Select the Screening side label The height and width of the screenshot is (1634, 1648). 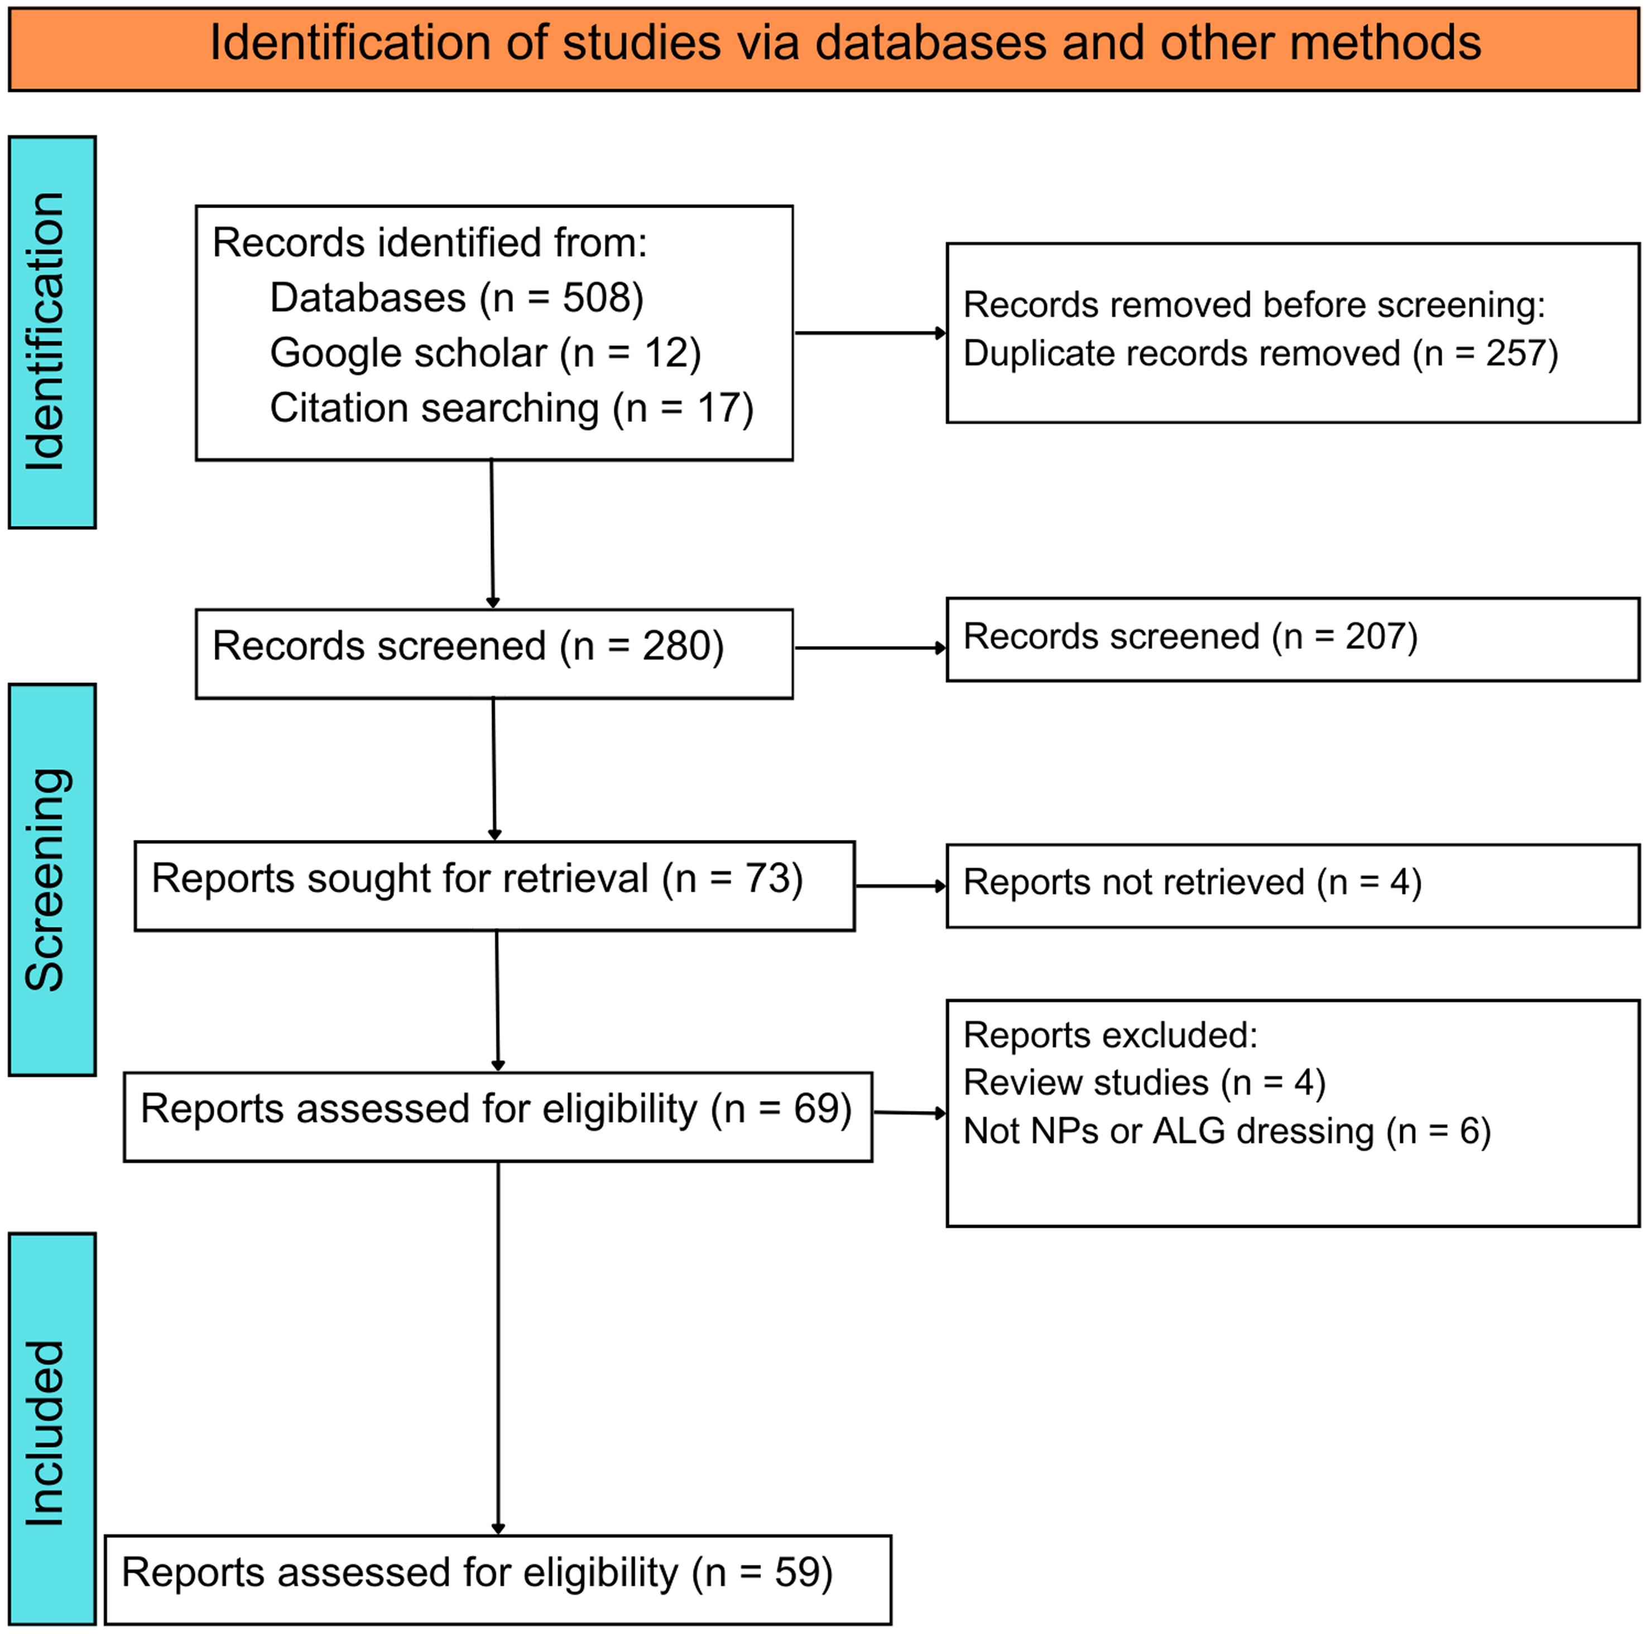pyautogui.click(x=47, y=880)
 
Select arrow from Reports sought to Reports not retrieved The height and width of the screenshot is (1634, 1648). pyautogui.click(x=900, y=886)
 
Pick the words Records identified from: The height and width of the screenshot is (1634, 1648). pyautogui.click(x=429, y=243)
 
